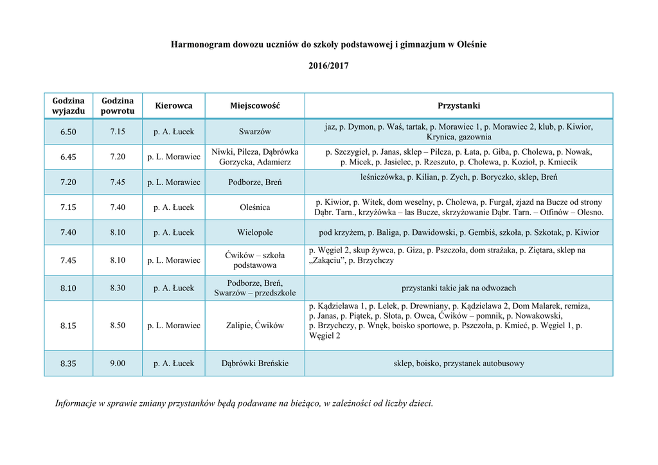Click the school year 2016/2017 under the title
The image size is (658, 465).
(328, 66)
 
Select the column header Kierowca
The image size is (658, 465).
(173, 105)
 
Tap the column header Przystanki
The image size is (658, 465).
(459, 105)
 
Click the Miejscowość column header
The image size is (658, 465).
(255, 105)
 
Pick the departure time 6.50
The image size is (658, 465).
(68, 132)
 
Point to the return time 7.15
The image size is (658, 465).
(118, 132)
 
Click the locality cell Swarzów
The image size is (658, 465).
(255, 132)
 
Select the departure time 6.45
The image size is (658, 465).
(68, 157)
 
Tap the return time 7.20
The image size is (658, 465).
(118, 157)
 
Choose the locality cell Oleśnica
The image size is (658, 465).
(255, 207)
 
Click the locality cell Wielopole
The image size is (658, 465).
(255, 232)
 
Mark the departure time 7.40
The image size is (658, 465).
(68, 232)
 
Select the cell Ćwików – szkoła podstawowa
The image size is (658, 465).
(255, 260)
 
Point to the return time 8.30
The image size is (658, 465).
(118, 288)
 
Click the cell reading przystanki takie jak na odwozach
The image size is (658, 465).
(459, 288)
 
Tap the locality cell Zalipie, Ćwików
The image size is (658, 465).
(255, 326)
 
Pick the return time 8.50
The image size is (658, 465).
(118, 326)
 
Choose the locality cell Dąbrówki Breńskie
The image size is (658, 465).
(255, 364)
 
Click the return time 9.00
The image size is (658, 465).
(118, 364)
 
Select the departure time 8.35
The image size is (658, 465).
(68, 364)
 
